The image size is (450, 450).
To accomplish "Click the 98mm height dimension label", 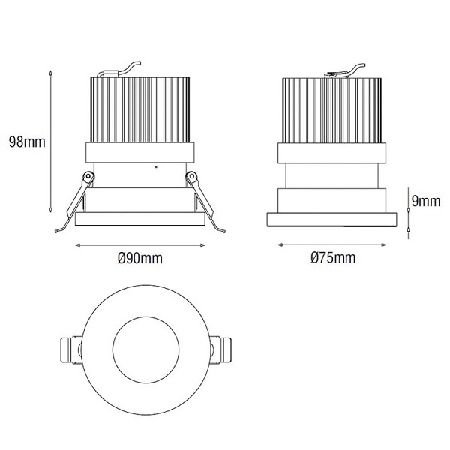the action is [27, 142].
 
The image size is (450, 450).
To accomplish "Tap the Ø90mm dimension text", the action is [140, 258].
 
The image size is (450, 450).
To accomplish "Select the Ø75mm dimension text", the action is [333, 257].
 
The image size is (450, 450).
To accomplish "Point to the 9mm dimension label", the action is [425, 201].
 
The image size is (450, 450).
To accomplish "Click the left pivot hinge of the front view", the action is [88, 176].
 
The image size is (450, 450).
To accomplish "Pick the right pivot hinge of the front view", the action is [191, 176].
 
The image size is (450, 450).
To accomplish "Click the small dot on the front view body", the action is [156, 166].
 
